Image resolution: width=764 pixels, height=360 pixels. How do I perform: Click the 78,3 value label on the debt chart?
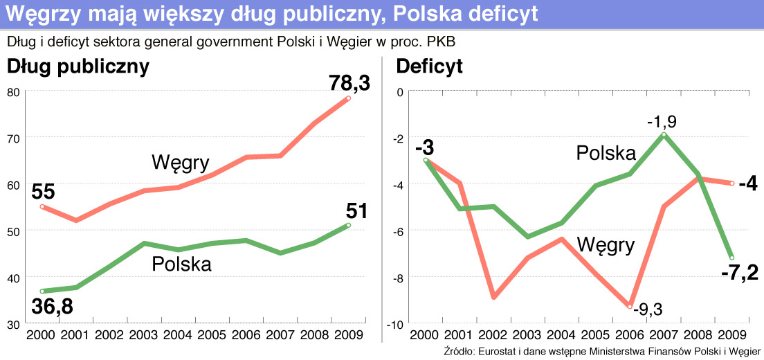[x=349, y=84]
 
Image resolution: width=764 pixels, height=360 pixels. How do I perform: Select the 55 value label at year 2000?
[x=42, y=192]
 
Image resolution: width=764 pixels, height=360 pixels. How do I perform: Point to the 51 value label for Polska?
[x=357, y=210]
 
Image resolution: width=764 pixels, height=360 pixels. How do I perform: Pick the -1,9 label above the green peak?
[x=662, y=122]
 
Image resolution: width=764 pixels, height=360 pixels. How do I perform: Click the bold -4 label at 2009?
[x=747, y=185]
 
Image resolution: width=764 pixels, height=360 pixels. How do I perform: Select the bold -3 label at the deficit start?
[x=424, y=148]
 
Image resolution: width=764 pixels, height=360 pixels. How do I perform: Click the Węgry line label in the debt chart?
[x=180, y=163]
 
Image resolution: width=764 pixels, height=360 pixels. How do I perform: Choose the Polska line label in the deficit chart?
[x=606, y=152]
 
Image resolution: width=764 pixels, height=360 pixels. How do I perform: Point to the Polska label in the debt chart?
[x=181, y=264]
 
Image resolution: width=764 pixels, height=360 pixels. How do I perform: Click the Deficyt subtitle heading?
[x=429, y=66]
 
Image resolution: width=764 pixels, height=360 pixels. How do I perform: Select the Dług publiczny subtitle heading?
[x=78, y=66]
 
